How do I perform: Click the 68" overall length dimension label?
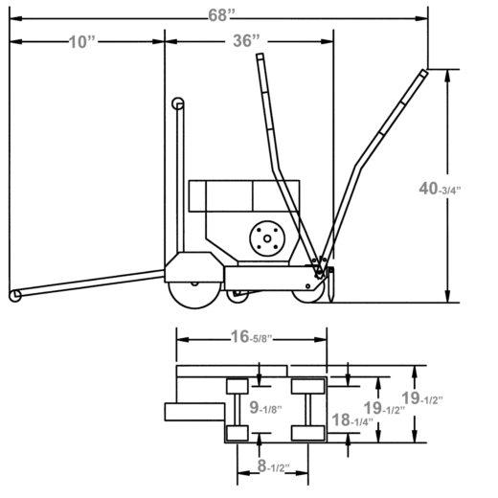click(x=221, y=15)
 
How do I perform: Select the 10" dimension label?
click(x=81, y=42)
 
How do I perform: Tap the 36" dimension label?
click(x=246, y=41)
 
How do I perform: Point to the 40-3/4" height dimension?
click(x=440, y=189)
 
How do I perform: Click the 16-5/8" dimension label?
click(x=251, y=337)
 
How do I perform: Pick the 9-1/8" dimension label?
click(x=265, y=408)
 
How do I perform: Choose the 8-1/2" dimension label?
click(x=273, y=466)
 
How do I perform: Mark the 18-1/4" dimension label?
click(x=352, y=420)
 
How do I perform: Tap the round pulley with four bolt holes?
click(x=267, y=238)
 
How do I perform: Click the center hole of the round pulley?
click(x=267, y=238)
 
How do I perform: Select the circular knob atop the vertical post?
click(x=178, y=103)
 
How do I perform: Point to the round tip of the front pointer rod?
click(x=14, y=296)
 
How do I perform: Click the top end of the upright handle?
click(x=260, y=57)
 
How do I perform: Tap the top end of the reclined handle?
click(x=423, y=73)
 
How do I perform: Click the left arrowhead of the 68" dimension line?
click(x=15, y=18)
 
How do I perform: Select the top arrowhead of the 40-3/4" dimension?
click(x=447, y=76)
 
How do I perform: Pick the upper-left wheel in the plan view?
click(x=238, y=386)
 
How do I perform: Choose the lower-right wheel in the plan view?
click(x=308, y=433)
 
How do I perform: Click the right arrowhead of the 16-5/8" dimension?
click(x=321, y=339)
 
